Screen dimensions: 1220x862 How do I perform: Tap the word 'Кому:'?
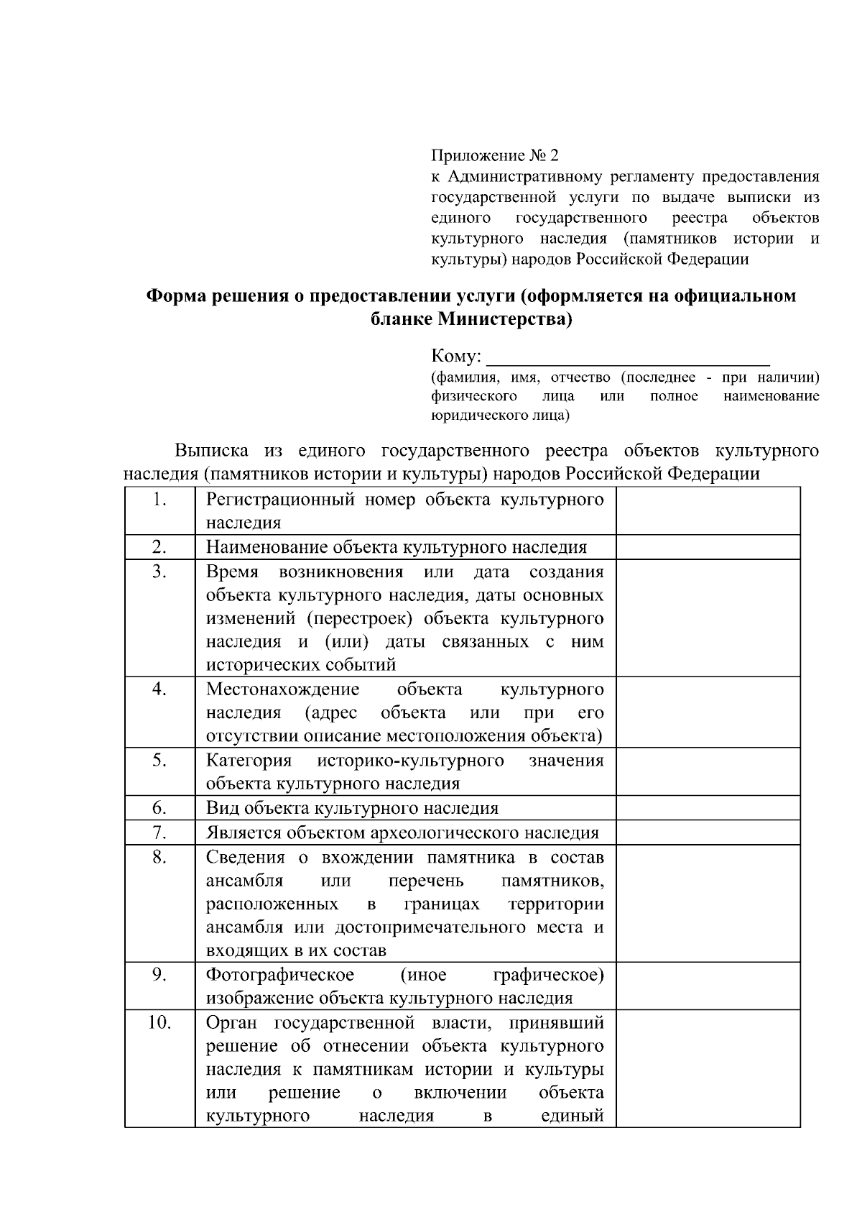tap(456, 357)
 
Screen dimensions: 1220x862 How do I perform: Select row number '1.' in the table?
tap(159, 500)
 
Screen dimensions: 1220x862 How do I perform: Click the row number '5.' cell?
tap(159, 760)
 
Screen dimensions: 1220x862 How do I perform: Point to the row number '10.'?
tap(159, 1022)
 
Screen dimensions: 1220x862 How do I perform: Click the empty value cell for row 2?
tap(708, 547)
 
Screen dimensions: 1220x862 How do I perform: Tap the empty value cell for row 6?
tap(708, 807)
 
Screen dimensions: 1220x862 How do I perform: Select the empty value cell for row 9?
tap(708, 986)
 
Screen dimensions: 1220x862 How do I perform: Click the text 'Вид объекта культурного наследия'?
tap(352, 808)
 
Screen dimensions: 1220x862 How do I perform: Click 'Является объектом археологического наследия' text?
tap(402, 833)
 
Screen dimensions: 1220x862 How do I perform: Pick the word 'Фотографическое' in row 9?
tap(280, 975)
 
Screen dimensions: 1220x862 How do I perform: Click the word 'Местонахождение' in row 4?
tap(282, 689)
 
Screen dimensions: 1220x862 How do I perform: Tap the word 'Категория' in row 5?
tap(249, 761)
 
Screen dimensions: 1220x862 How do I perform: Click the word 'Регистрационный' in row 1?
tap(280, 500)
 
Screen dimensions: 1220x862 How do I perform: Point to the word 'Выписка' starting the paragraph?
tap(212, 451)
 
